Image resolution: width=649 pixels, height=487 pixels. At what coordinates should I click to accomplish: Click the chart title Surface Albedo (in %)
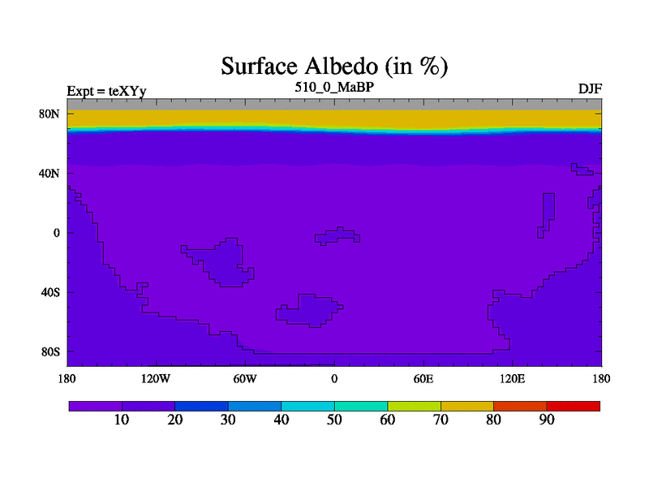pyautogui.click(x=334, y=67)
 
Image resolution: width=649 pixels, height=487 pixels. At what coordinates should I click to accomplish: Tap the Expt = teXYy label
pyautogui.click(x=107, y=91)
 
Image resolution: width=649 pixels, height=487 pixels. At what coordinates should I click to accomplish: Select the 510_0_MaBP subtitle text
pyautogui.click(x=334, y=87)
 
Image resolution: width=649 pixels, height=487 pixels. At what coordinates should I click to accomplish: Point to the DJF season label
pyautogui.click(x=590, y=88)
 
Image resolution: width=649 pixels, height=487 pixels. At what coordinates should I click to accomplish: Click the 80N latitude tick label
pyautogui.click(x=49, y=114)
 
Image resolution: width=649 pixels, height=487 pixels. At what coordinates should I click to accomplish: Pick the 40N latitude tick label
pyautogui.click(x=49, y=173)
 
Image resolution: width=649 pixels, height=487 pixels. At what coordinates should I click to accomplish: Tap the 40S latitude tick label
pyautogui.click(x=50, y=292)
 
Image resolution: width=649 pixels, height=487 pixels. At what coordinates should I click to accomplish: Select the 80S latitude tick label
pyautogui.click(x=50, y=352)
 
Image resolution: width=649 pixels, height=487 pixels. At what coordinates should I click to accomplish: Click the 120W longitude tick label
pyautogui.click(x=156, y=378)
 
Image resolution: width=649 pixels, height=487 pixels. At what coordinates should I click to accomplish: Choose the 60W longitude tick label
pyautogui.click(x=245, y=378)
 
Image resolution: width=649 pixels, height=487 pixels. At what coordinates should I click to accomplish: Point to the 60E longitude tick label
pyautogui.click(x=423, y=378)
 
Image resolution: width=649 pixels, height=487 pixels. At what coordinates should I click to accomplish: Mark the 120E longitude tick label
pyautogui.click(x=513, y=378)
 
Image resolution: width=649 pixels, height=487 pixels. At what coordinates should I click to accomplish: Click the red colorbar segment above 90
pyautogui.click(x=574, y=407)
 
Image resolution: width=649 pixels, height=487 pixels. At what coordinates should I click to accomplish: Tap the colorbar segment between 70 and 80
pyautogui.click(x=467, y=407)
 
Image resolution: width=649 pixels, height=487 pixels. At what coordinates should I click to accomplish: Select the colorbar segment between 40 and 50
pyautogui.click(x=308, y=407)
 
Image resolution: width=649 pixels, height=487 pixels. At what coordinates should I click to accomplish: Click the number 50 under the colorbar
pyautogui.click(x=334, y=420)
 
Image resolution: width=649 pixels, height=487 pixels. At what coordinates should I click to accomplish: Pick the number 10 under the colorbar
pyautogui.click(x=122, y=420)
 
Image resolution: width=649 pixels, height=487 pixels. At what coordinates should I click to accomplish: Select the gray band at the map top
pyautogui.click(x=334, y=105)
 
